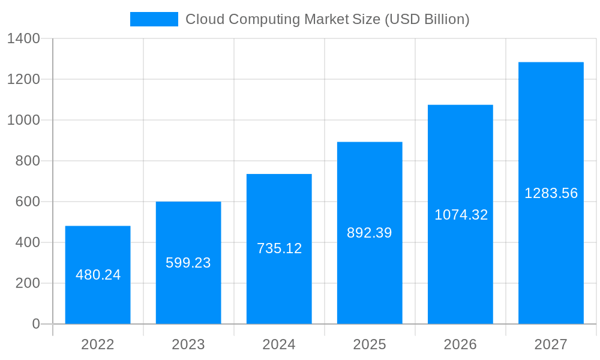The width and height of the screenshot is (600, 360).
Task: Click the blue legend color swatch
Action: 154,19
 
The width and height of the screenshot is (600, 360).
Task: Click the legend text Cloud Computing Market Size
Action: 283,19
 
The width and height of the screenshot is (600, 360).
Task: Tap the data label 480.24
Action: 98,275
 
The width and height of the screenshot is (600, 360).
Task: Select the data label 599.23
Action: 188,263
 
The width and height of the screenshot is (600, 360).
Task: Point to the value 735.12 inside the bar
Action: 279,248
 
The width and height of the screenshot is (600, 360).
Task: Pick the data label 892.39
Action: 370,233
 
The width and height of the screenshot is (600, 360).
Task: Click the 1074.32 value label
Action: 461,215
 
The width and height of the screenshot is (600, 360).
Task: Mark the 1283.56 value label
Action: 551,193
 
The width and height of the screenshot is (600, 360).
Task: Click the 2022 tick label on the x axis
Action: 98,344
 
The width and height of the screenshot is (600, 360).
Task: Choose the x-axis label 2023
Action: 188,344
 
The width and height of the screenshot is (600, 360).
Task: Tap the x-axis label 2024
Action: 279,344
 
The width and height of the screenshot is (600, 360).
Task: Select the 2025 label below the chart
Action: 370,344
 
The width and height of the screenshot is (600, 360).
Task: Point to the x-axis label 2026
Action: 460,344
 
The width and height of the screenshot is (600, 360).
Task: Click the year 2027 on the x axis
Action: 551,344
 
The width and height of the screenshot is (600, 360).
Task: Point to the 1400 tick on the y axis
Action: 23,38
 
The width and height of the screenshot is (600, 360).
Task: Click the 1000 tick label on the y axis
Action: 23,120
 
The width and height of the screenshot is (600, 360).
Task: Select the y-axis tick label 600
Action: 28,202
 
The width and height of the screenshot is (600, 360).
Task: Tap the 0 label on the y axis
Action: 36,324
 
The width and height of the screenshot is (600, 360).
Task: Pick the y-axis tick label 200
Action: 28,283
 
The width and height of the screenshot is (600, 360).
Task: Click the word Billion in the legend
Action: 442,19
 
